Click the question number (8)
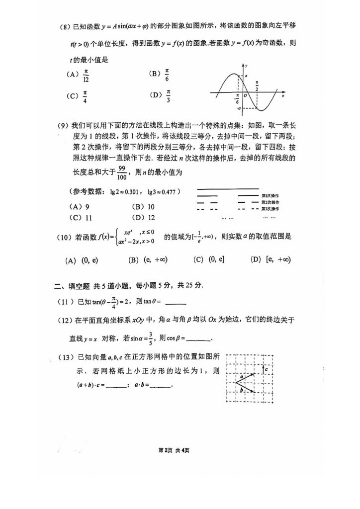tap(65, 26)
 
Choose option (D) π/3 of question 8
tap(162, 94)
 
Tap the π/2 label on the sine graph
tap(257, 85)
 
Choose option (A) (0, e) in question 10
tap(82, 259)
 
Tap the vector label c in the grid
tap(267, 370)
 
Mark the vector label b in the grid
tap(241, 391)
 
